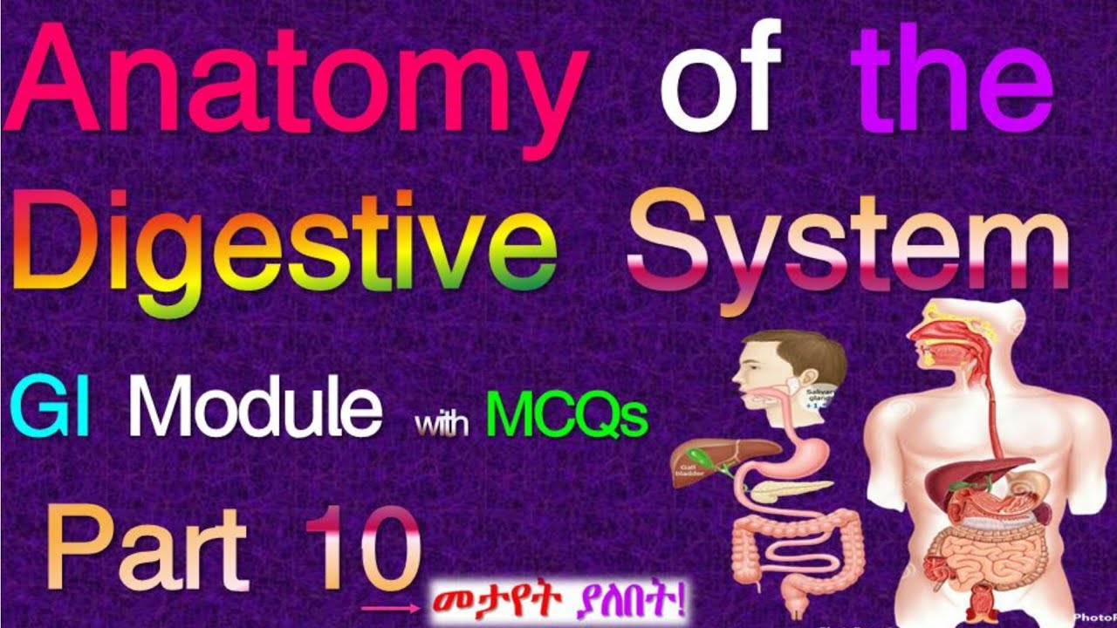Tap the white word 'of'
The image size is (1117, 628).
coord(720,87)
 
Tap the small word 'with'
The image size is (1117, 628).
coord(442,425)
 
